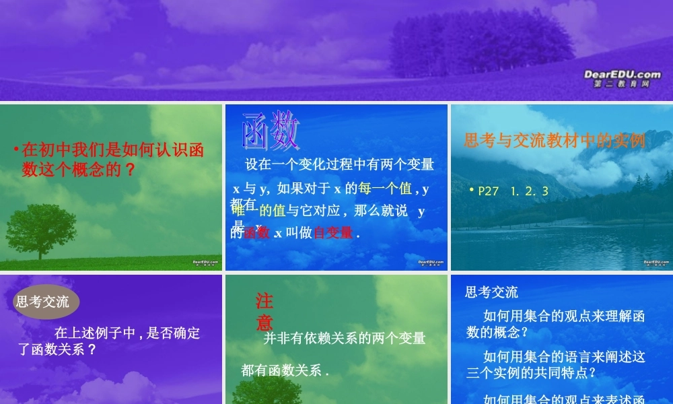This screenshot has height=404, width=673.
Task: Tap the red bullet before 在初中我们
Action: point(16,148)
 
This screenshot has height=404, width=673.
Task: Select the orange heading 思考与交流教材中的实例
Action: point(555,140)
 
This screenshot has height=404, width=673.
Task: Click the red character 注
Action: point(264,301)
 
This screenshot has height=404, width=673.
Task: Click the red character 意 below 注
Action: point(264,322)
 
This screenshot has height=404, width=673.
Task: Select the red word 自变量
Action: point(333,233)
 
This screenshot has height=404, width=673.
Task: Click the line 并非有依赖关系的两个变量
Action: point(345,338)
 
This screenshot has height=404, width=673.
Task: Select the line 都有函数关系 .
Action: point(285,370)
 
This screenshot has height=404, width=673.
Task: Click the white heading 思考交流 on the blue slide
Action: point(492,292)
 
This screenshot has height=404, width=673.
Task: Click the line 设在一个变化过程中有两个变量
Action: point(339,164)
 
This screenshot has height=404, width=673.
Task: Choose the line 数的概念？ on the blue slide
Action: point(497,332)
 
